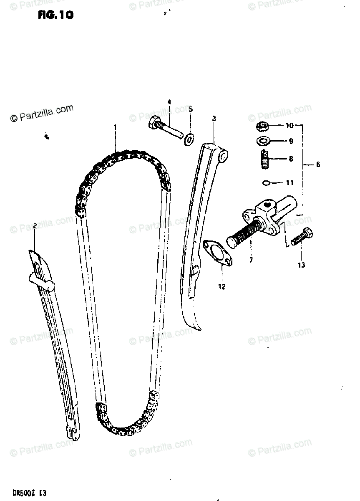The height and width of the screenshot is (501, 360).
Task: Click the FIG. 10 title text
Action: click(55, 15)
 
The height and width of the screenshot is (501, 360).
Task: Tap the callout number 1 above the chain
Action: click(115, 126)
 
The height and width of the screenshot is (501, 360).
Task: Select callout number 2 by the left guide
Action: click(35, 226)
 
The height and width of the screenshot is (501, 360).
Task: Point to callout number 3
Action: click(214, 119)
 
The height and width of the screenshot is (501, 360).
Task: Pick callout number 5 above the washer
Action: click(191, 109)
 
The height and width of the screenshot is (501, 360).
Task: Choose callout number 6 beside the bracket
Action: click(318, 164)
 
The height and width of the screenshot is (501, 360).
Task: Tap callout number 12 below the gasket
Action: click(222, 286)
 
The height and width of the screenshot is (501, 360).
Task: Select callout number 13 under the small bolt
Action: click(301, 265)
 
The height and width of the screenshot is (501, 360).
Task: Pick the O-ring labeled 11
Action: click(267, 182)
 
